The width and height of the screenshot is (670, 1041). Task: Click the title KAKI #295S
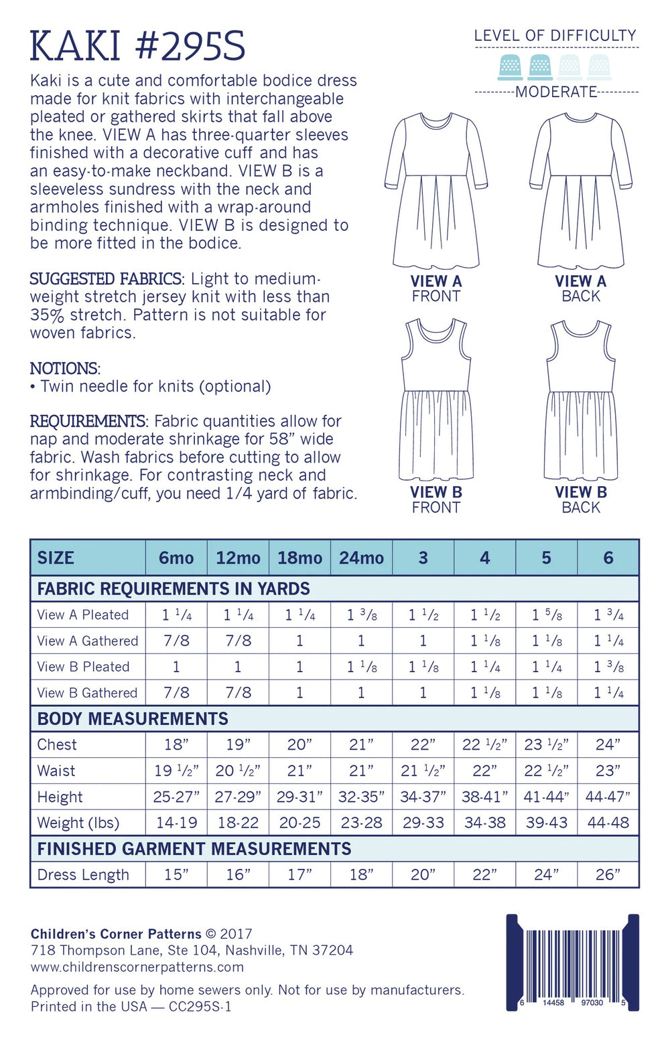coord(137,46)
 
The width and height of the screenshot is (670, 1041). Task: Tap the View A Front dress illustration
coord(436,191)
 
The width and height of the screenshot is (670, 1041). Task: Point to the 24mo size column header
coord(361,558)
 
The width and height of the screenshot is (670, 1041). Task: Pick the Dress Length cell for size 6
coord(608,874)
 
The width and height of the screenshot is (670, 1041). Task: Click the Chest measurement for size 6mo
coord(176,744)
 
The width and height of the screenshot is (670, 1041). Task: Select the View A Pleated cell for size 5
coord(546,615)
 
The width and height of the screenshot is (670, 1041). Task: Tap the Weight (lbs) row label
coord(78,823)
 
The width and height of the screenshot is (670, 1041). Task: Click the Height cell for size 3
coord(423,797)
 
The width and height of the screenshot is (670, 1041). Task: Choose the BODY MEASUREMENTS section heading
coord(133,718)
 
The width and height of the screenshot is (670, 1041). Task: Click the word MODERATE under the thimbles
coord(556,92)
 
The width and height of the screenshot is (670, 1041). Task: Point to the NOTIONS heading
coord(65,368)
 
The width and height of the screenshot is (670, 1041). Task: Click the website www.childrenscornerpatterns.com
coord(137,967)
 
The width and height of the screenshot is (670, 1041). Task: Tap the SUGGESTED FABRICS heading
coord(106,278)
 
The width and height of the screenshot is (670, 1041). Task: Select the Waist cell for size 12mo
coord(238,771)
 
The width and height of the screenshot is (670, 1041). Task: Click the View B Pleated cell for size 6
coord(608,667)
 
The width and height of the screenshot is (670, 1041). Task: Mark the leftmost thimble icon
coord(511,68)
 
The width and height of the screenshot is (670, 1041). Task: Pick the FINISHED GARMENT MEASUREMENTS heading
coord(194,848)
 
